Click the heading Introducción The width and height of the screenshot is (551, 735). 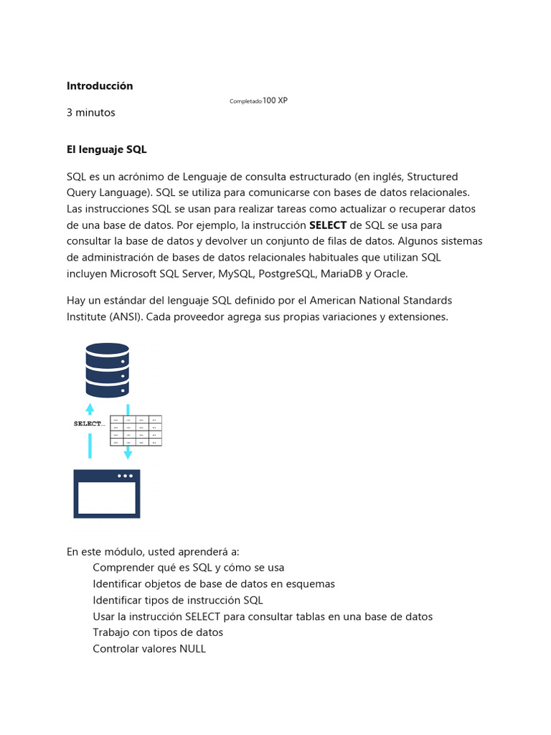[100, 85]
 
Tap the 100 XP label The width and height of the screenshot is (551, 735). [275, 101]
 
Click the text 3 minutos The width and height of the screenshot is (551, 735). [90, 113]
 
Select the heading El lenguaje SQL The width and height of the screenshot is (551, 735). [106, 149]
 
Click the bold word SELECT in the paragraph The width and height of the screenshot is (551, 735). [327, 225]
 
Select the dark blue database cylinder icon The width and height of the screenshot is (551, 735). [107, 370]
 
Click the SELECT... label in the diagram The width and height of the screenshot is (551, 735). [89, 423]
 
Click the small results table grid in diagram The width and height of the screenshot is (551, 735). [136, 431]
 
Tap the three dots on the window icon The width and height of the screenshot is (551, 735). [125, 476]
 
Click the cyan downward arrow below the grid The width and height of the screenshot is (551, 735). [128, 453]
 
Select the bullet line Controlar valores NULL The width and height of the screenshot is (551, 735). [149, 649]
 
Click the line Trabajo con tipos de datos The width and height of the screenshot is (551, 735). [158, 632]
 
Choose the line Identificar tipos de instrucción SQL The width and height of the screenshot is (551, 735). [178, 600]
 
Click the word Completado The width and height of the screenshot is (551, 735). [245, 102]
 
